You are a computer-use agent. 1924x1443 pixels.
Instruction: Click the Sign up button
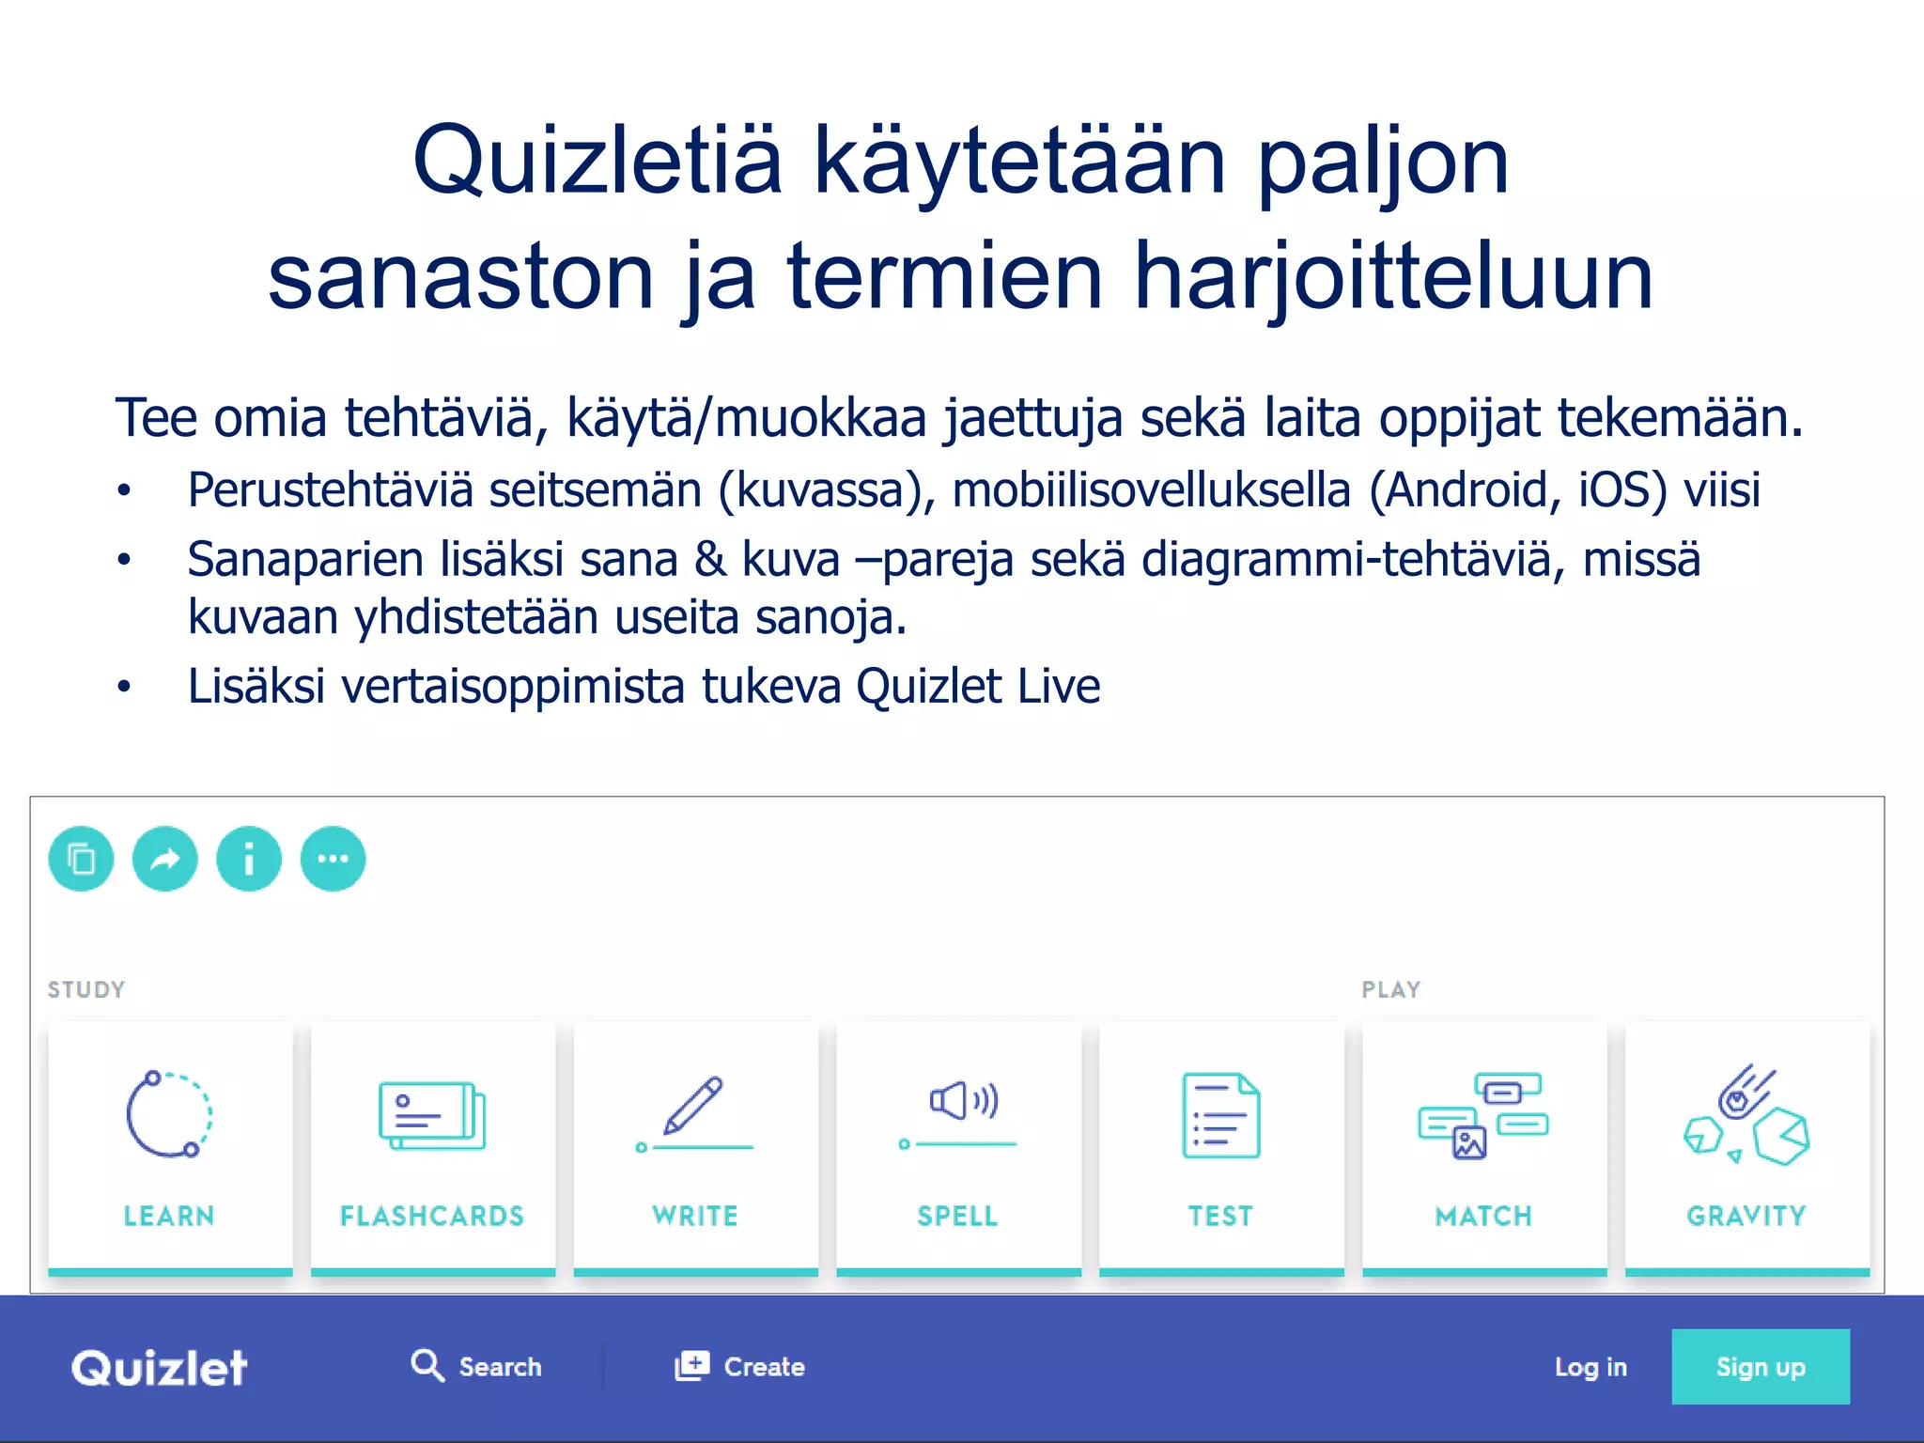1760,1366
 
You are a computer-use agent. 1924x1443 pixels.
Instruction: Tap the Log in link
1590,1367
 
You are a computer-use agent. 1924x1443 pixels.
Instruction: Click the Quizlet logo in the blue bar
160,1367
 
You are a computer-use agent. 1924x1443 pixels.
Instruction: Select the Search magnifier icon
427,1364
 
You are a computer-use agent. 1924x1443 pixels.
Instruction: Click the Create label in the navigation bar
764,1367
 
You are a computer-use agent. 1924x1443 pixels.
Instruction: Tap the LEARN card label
169,1216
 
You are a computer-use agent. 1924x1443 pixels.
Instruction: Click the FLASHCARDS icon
432,1115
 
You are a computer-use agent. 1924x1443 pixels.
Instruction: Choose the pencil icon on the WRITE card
694,1106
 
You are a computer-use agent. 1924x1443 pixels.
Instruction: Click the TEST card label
1220,1216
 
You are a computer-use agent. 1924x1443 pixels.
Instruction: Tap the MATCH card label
1483,1216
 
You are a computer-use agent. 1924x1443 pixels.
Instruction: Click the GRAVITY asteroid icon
1746,1115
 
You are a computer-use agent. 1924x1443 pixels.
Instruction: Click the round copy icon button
82,859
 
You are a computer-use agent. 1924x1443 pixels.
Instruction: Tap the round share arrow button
165,859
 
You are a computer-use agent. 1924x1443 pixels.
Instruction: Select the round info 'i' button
249,859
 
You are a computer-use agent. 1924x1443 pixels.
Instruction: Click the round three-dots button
333,859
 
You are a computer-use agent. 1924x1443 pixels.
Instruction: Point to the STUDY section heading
86,989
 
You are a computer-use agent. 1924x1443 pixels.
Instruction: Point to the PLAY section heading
1391,989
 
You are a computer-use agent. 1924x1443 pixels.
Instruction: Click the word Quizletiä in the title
597,162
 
